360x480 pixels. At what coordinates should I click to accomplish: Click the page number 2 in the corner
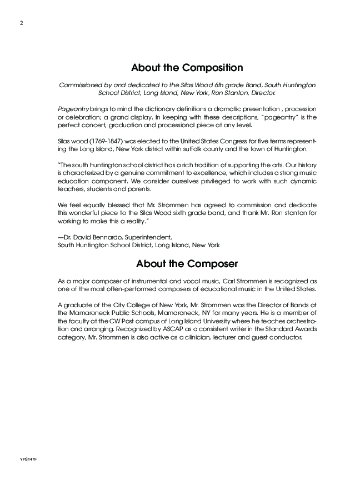tap(20, 23)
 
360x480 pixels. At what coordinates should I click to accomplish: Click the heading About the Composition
tap(187, 68)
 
